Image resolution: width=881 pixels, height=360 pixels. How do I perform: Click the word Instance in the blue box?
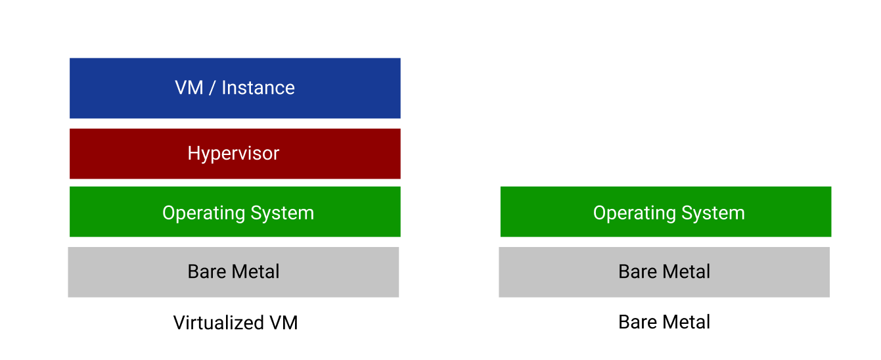(258, 88)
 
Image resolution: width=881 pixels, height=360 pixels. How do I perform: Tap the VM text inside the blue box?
(189, 88)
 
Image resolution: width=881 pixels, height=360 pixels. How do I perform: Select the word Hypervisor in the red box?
(233, 154)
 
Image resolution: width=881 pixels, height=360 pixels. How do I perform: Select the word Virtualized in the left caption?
(217, 323)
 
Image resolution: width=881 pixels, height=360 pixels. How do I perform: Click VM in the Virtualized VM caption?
(283, 323)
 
